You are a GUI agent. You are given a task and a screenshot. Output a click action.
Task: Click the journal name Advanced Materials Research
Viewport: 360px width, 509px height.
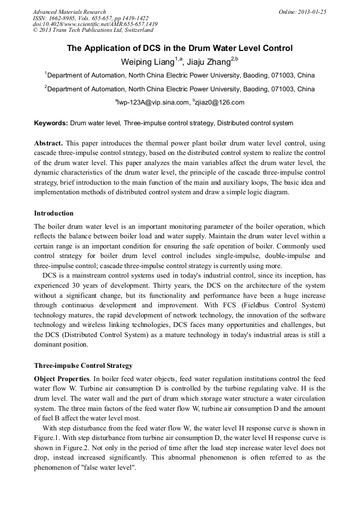pyautogui.click(x=69, y=12)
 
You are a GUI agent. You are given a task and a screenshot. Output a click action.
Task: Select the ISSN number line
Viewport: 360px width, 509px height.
pyautogui.click(x=90, y=18)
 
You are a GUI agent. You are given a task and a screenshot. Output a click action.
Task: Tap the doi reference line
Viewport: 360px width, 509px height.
pyautogui.click(x=95, y=24)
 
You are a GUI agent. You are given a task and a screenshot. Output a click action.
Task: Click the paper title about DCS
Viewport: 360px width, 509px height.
pyautogui.click(x=179, y=48)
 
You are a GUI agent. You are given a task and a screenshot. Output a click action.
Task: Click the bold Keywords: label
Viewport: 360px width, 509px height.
pyautogui.click(x=51, y=123)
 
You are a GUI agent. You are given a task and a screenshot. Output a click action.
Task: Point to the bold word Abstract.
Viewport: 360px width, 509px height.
pyautogui.click(x=48, y=143)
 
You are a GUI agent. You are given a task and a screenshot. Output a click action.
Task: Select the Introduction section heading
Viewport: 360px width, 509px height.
pyautogui.click(x=54, y=213)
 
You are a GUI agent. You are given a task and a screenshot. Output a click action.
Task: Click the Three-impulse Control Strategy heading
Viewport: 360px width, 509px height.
pyautogui.click(x=83, y=366)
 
